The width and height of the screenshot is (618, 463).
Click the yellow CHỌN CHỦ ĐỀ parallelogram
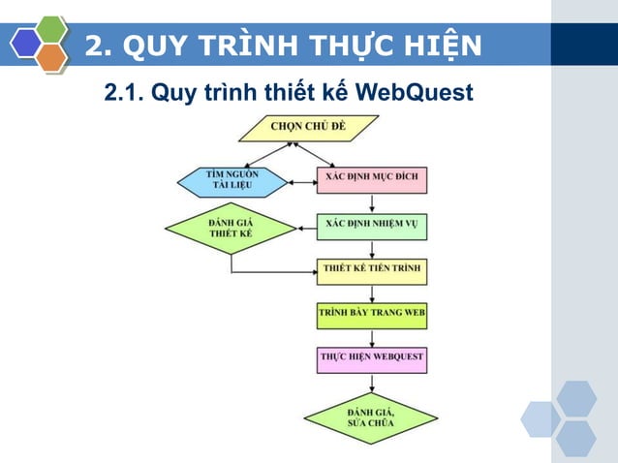pyautogui.click(x=308, y=127)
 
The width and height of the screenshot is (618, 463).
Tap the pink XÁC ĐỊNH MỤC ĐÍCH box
pyautogui.click(x=372, y=180)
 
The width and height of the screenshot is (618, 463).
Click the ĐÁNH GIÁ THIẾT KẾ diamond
pyautogui.click(x=231, y=230)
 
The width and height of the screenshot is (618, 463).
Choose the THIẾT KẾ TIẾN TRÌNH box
pyautogui.click(x=372, y=268)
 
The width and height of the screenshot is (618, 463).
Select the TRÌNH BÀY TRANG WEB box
pyautogui.click(x=372, y=314)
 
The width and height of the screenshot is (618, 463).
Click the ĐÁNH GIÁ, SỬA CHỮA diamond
pyautogui.click(x=371, y=418)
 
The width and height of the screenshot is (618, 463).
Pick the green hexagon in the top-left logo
pyautogui.click(x=50, y=29)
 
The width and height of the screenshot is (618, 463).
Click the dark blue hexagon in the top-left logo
pyautogui.click(x=26, y=43)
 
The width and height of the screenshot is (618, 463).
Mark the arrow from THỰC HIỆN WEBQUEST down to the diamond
pyautogui.click(x=372, y=386)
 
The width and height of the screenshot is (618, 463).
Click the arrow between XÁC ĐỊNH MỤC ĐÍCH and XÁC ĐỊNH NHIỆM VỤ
pyautogui.click(x=372, y=203)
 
